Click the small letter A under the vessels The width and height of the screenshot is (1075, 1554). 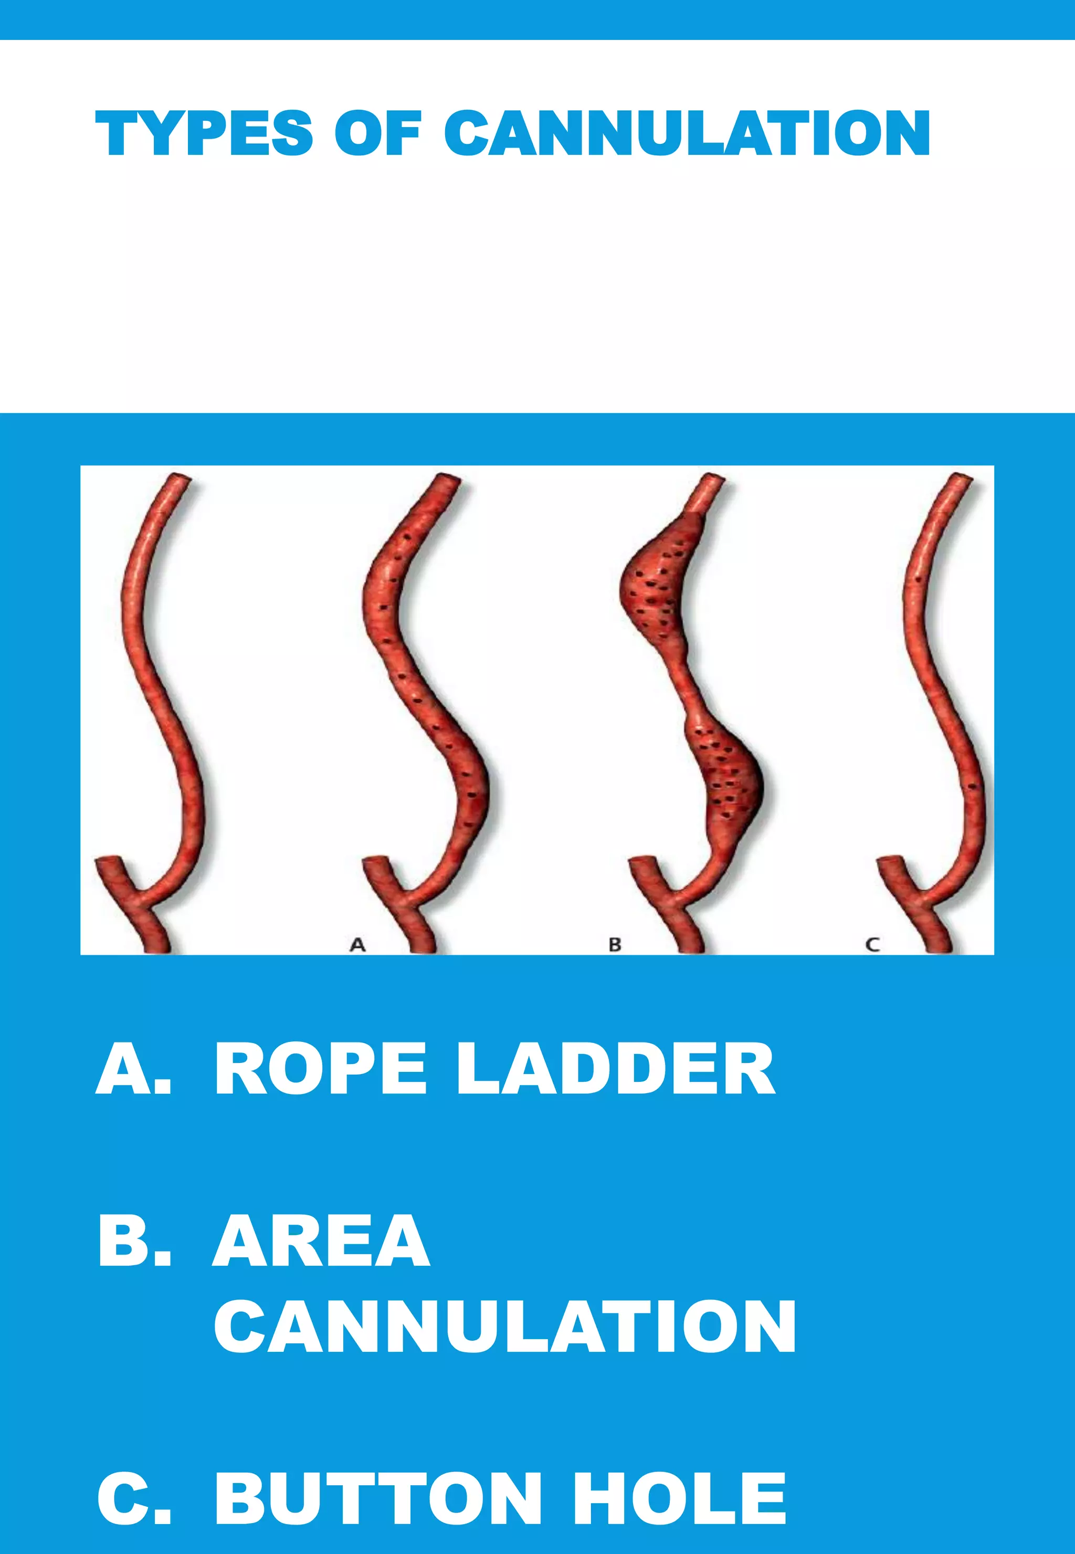tap(357, 945)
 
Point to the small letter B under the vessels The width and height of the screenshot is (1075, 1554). tap(614, 945)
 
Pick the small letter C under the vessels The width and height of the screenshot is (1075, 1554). tap(872, 945)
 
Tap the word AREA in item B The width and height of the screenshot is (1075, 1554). tap(321, 1242)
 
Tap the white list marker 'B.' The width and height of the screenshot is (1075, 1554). tap(133, 1242)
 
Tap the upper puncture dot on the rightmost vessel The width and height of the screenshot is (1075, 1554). tap(920, 579)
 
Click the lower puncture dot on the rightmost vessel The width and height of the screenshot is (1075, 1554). tap(971, 786)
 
